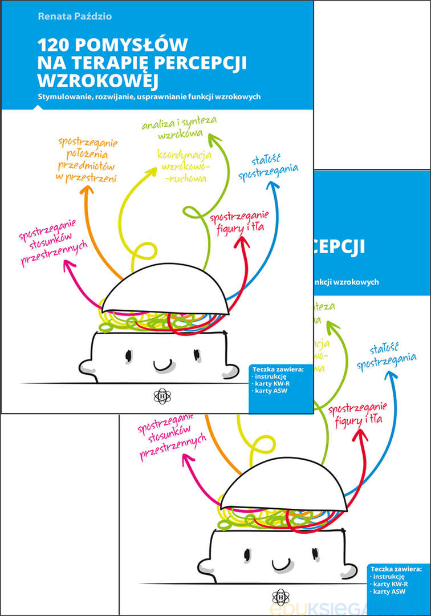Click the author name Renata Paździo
coord(75,17)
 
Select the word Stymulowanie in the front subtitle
coord(60,96)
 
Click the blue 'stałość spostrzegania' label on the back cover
coord(386,355)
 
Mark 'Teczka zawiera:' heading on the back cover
coord(396,569)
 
